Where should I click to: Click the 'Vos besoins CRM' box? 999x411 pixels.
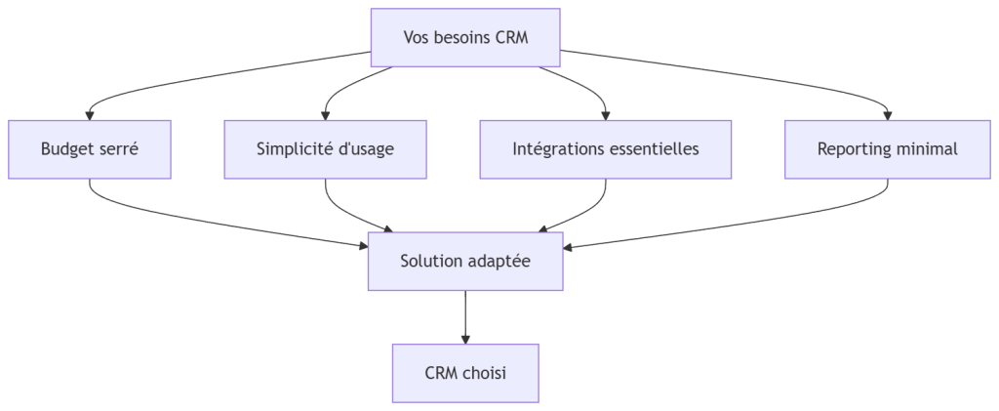click(465, 38)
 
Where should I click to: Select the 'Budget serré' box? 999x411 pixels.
click(90, 149)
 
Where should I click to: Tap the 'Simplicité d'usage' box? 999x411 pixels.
click(325, 149)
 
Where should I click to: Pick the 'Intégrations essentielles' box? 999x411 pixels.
click(606, 149)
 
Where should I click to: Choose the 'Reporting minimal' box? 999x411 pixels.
click(887, 149)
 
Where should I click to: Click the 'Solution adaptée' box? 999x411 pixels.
click(465, 262)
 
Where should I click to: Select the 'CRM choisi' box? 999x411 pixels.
click(465, 373)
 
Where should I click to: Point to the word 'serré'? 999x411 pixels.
click(117, 149)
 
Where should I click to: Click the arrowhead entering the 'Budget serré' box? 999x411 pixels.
click(90, 115)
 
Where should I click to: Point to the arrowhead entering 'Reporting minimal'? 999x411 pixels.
click(887, 115)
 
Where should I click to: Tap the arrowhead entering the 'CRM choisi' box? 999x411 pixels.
click(465, 338)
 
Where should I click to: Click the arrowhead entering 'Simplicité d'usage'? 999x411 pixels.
click(325, 115)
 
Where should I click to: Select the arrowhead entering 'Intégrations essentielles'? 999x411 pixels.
click(606, 115)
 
